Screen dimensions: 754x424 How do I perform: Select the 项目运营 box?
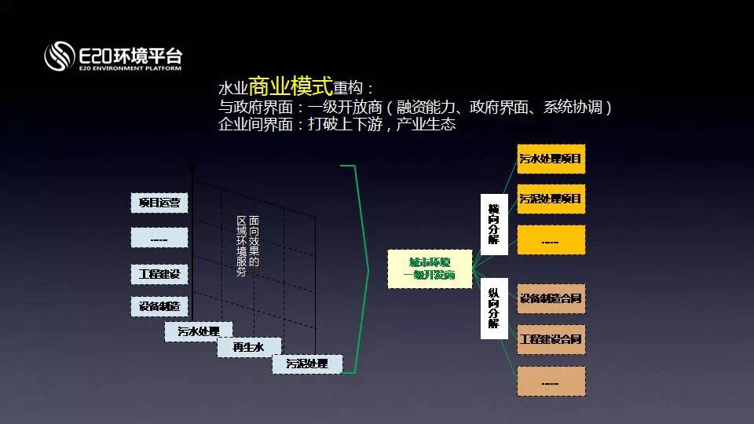point(159,203)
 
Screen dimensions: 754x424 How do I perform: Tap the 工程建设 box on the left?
point(159,274)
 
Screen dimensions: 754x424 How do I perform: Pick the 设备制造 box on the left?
point(159,306)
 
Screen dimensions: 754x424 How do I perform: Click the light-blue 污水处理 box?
point(198,331)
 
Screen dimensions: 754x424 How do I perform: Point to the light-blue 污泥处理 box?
point(306,364)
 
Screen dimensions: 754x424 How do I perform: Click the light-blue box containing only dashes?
point(159,238)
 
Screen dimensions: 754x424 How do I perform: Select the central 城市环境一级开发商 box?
point(430,269)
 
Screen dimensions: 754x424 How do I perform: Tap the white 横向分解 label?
point(493,224)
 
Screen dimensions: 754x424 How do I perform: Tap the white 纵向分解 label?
point(493,307)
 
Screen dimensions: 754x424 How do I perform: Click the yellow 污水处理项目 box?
point(551,159)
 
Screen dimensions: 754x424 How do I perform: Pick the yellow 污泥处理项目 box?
point(551,199)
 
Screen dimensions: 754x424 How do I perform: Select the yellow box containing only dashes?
point(551,240)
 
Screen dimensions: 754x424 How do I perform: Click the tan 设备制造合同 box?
point(551,298)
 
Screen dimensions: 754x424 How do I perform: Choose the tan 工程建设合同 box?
point(551,339)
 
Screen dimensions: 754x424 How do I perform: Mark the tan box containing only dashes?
point(551,382)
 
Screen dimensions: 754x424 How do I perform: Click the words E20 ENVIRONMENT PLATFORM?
point(130,69)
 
